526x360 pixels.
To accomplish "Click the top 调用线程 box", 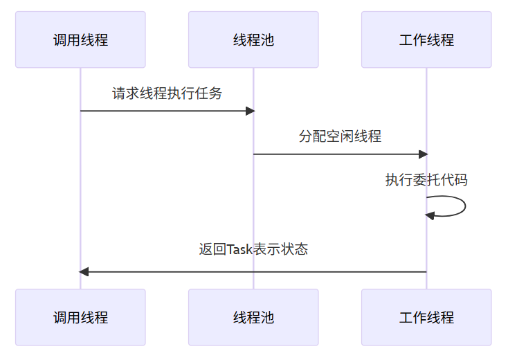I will point(80,39).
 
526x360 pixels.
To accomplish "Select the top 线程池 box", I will point(253,39).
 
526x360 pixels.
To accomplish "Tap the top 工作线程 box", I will point(426,39).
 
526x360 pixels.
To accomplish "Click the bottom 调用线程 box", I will point(80,317).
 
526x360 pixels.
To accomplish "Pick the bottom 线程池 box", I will point(253,317).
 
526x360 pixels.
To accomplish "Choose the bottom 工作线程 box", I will point(426,317).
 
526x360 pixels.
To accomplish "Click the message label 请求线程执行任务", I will point(167,93).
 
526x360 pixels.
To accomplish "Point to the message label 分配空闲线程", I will point(340,136).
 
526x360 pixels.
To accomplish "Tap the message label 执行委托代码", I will point(426,180).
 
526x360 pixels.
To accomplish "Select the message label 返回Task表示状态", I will point(253,249).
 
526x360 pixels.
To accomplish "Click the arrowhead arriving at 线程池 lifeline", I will point(251,111).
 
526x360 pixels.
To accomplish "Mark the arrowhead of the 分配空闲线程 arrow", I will point(424,154).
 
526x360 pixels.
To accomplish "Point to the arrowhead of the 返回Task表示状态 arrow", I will point(84,271).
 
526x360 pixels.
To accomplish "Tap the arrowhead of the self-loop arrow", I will point(430,215).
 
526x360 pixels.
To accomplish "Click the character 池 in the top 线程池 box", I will point(267,39).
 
